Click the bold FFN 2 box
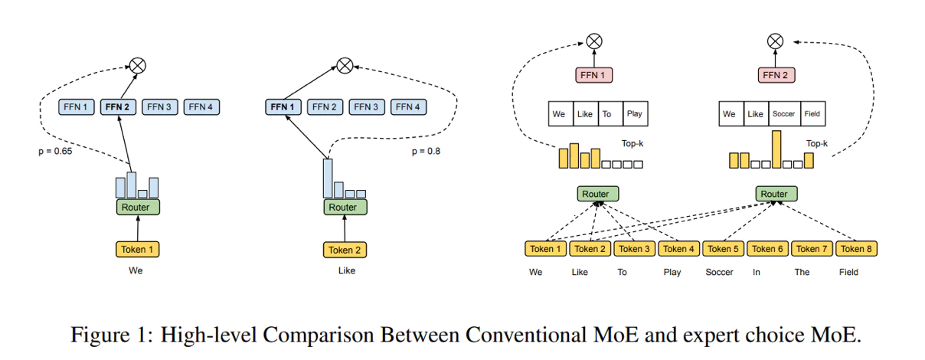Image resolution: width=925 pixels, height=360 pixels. click(x=118, y=107)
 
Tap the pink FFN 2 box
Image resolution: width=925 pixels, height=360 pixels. click(x=775, y=75)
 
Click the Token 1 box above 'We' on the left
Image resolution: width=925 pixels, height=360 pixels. click(x=139, y=249)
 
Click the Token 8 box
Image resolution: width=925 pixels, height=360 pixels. click(x=858, y=248)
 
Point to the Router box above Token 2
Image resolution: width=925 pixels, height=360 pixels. click(x=342, y=207)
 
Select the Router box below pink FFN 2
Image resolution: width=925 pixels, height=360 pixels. click(x=773, y=194)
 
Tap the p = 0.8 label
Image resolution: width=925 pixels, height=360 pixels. click(x=427, y=152)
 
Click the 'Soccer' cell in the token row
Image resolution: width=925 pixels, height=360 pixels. click(x=783, y=114)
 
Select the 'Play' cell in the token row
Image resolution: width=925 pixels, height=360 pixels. click(x=634, y=114)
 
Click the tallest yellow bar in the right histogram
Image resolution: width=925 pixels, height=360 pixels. click(x=776, y=149)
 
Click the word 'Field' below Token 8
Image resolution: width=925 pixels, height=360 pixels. click(x=848, y=272)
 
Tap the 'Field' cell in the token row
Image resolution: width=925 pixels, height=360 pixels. click(x=812, y=114)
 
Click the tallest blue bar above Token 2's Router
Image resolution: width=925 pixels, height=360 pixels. click(x=328, y=178)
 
